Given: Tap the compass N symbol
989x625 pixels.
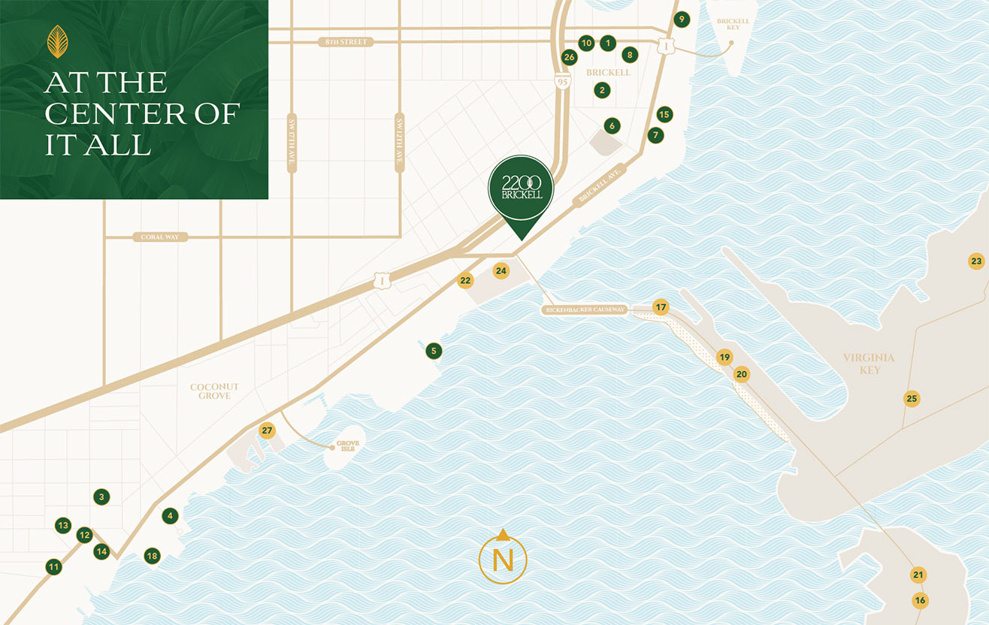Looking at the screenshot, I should pos(503,560).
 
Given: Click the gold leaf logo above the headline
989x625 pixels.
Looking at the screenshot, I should pos(57,41).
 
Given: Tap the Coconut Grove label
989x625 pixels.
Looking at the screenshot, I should pos(214,391).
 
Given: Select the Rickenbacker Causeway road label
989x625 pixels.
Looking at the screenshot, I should pos(585,309).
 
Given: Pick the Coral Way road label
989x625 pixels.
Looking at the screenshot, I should pos(163,237).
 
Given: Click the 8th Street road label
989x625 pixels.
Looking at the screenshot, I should pos(346,42).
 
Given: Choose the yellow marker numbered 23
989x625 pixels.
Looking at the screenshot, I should pos(975,261).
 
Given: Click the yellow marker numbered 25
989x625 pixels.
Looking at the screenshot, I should pos(912,399).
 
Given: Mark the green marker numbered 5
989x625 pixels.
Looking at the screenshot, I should pos(432,351).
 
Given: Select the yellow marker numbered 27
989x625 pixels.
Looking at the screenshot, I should pos(267,430).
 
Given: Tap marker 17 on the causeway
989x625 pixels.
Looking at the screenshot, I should pos(661,307).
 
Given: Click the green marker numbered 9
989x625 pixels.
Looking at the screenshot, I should pos(681,20).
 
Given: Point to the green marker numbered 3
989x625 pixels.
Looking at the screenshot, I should pos(101,497).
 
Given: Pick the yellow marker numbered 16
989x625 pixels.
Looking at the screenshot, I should pos(920,600).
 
